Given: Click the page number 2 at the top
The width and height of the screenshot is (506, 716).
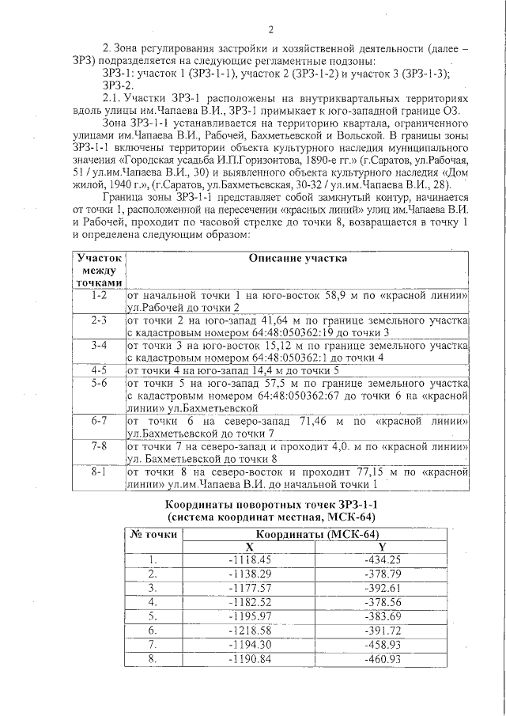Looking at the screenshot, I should [x=270, y=31].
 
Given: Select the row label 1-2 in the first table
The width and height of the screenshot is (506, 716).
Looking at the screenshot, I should [x=100, y=295].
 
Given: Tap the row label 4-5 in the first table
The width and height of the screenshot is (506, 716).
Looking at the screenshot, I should [x=100, y=369].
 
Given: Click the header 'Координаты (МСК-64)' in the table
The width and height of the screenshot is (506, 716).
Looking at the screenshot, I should [x=315, y=533].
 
